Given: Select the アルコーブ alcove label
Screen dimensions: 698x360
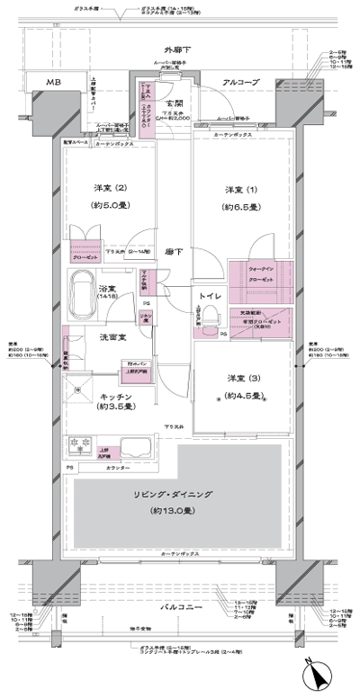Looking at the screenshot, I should tap(240, 82).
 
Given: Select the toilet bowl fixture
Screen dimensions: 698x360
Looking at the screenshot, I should tap(210, 315).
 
